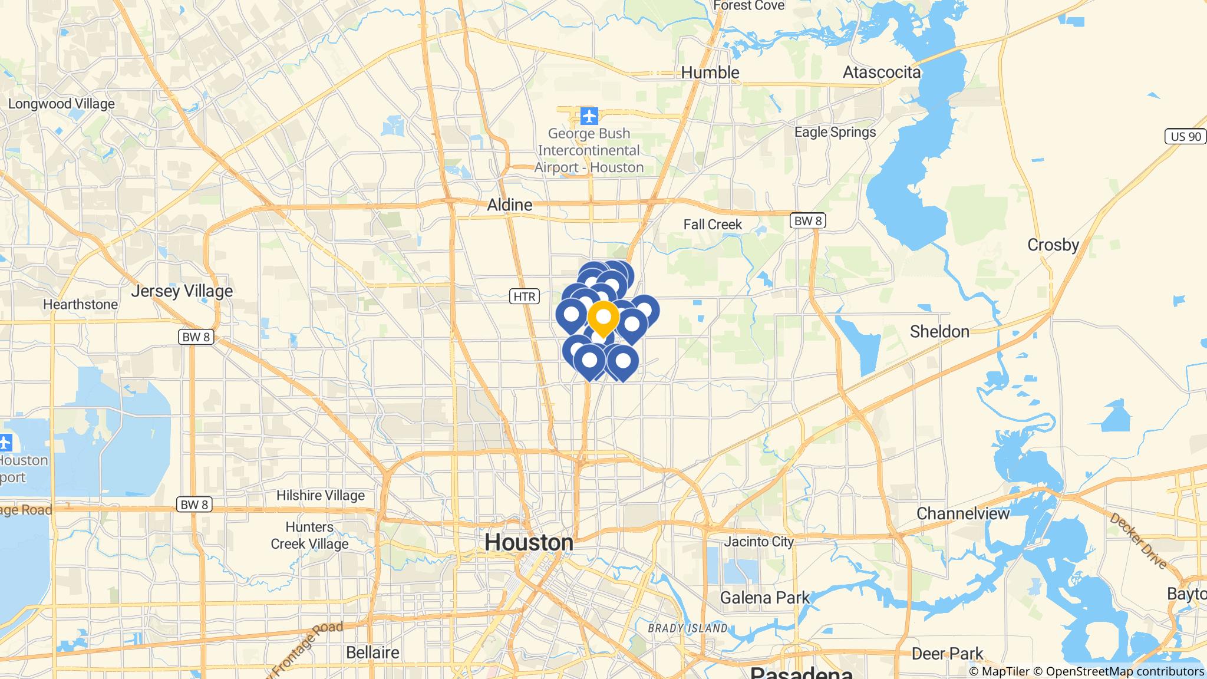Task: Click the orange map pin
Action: tap(603, 318)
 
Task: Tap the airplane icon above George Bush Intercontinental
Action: tap(589, 116)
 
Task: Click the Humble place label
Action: tap(710, 72)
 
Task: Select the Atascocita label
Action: tap(881, 72)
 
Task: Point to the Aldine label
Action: tap(509, 205)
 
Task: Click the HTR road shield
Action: tap(524, 296)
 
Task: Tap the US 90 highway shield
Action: tap(1185, 137)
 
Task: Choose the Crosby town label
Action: tap(1053, 245)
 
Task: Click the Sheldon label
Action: tap(939, 332)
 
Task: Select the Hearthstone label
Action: tap(80, 305)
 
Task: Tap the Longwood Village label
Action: tap(61, 104)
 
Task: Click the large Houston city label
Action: tap(529, 542)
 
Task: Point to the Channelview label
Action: tap(963, 513)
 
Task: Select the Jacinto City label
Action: tap(759, 542)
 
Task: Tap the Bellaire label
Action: tap(372, 652)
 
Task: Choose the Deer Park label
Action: tap(947, 654)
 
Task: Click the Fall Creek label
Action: tap(713, 225)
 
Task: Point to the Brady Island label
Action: tap(687, 628)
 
